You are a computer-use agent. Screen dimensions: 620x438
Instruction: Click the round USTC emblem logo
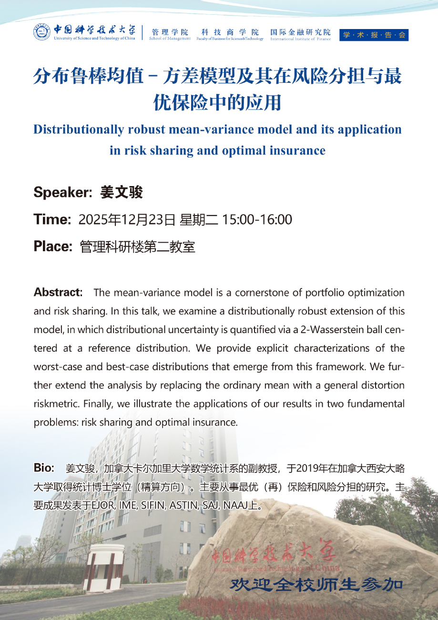pos(42,32)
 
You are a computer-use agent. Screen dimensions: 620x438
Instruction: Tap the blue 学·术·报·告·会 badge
pos(374,35)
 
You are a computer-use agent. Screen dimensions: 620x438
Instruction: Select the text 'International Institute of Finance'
pos(300,39)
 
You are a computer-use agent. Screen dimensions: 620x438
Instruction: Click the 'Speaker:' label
pos(62,193)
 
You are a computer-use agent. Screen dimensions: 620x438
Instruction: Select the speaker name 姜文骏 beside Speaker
pos(122,193)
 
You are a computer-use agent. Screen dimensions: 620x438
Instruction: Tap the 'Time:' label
pos(52,220)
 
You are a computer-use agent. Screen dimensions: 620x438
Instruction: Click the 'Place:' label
pos(53,246)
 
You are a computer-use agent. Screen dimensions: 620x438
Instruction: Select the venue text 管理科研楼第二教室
pos(138,246)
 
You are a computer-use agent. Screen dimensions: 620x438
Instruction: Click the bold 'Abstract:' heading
pos(58,292)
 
